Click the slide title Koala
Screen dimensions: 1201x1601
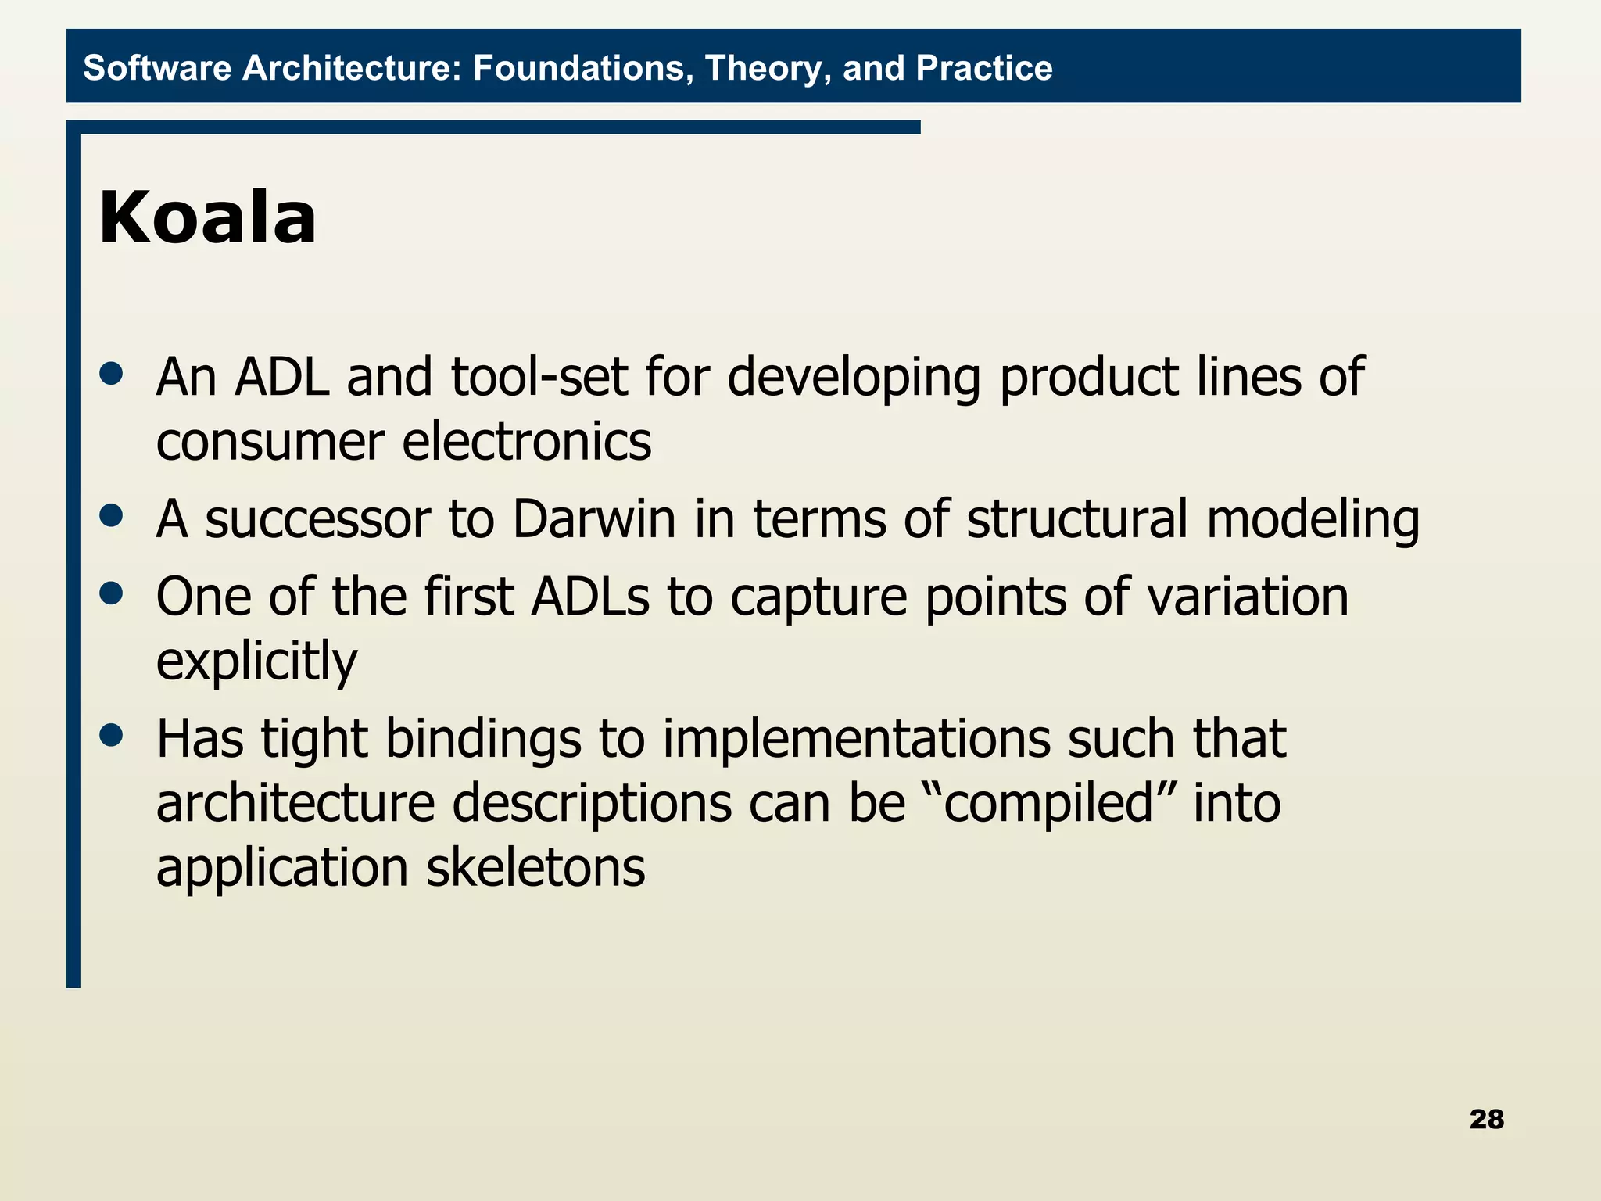click(x=208, y=218)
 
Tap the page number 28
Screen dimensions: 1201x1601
click(x=1486, y=1119)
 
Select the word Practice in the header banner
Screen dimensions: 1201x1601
click(x=983, y=68)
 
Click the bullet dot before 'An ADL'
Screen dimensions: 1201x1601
click(x=112, y=373)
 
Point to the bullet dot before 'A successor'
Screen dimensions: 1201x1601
click(x=112, y=515)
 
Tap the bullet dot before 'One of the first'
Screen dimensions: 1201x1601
click(x=112, y=593)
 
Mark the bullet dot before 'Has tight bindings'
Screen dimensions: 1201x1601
click(x=112, y=735)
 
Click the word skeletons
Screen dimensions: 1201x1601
click(x=535, y=868)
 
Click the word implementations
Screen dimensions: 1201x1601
click(x=856, y=740)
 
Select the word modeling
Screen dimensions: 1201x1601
click(x=1313, y=519)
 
